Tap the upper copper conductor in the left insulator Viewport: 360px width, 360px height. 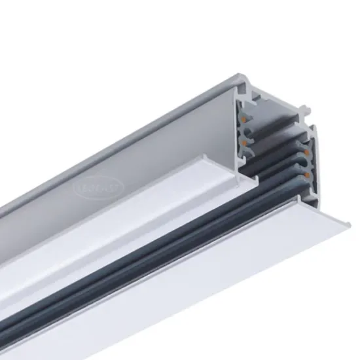(245, 122)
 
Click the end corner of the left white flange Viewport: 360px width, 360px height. (207, 157)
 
